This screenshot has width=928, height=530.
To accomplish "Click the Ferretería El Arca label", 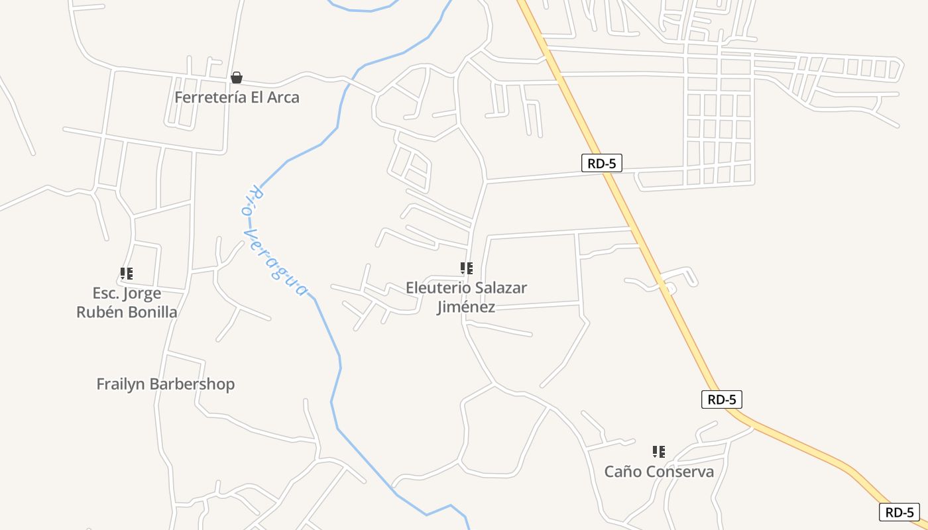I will [x=237, y=97].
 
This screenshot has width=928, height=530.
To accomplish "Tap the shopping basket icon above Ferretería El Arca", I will [x=237, y=78].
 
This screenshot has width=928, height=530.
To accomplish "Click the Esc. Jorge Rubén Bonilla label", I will [x=127, y=303].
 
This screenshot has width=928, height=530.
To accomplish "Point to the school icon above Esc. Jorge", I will [x=127, y=273].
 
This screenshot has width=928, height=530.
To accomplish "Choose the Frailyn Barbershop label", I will [x=165, y=384].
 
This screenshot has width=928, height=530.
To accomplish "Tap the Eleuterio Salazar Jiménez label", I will [x=466, y=297].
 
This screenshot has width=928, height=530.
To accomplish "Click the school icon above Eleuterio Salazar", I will [x=467, y=268].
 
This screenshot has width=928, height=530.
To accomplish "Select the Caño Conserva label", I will [x=659, y=472].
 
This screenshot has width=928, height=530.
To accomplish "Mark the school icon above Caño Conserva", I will [x=659, y=452].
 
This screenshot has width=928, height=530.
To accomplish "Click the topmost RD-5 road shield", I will [x=601, y=163].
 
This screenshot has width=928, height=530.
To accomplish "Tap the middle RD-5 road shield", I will [x=721, y=399].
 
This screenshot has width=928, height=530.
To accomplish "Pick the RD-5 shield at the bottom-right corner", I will [x=899, y=512].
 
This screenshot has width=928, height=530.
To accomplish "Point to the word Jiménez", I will [x=466, y=307].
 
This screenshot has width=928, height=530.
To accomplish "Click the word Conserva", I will [x=680, y=472].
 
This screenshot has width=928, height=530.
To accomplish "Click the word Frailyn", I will [x=122, y=384].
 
